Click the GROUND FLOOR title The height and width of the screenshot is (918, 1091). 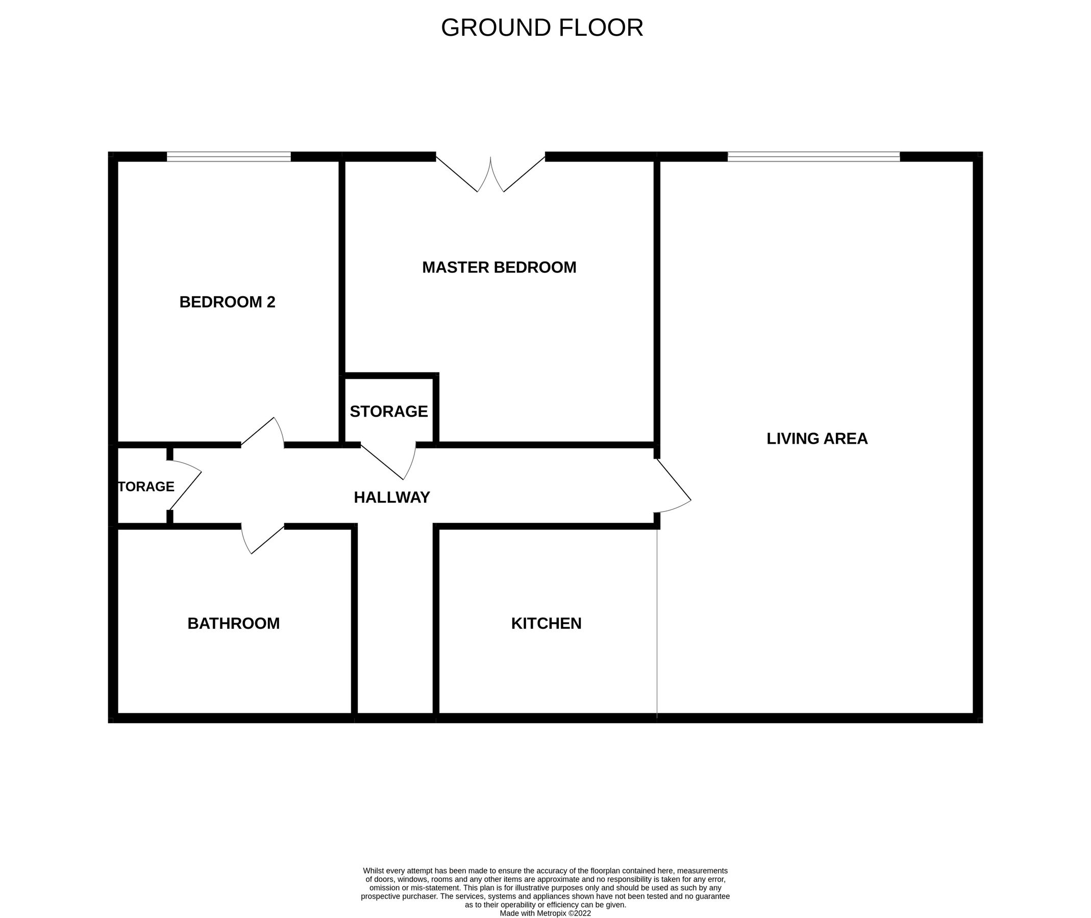coord(541,28)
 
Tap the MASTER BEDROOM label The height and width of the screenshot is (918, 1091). coord(499,267)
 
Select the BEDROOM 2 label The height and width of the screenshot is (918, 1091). coord(227,302)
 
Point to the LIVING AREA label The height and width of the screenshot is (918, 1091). coord(817,439)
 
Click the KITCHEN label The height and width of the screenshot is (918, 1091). coord(547,623)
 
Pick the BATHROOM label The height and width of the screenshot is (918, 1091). coord(233,623)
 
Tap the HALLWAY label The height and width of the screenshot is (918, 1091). coord(391,498)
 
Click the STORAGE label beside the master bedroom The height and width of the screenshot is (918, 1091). coord(388,412)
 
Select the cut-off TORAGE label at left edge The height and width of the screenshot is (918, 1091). coord(146,487)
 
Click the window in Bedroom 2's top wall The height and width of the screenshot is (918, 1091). coord(229,157)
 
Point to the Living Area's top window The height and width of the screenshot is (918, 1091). coord(813,157)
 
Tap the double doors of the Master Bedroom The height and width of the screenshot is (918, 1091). coord(490,174)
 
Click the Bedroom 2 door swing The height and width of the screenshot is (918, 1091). coord(262,432)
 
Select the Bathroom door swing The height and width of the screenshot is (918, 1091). coord(262,540)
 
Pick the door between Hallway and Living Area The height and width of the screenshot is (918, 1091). coord(673,486)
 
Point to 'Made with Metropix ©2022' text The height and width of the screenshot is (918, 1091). coord(545,913)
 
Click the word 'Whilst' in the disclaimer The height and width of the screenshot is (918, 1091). coord(373,870)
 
